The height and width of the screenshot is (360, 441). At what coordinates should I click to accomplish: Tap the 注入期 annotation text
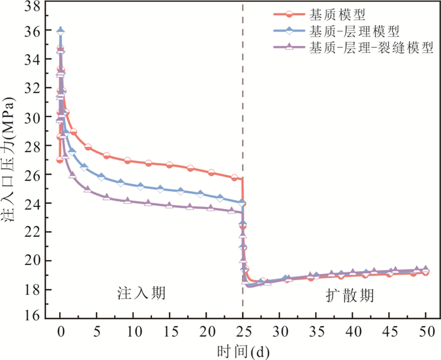141,294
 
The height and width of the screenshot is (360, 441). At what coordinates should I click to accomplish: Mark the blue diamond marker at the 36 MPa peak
60,30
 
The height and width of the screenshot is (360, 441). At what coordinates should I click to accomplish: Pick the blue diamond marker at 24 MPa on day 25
242,203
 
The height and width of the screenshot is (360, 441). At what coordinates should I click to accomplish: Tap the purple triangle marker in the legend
289,48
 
